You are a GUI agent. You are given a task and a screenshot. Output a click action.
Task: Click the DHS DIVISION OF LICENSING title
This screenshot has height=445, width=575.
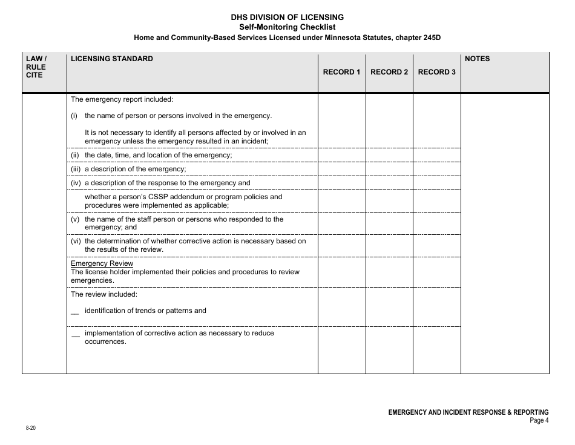pos(287,17)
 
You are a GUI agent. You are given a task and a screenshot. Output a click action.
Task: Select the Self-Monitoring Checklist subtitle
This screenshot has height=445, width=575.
pos(287,27)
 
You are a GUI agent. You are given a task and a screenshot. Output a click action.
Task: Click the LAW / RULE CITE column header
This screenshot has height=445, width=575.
pos(36,67)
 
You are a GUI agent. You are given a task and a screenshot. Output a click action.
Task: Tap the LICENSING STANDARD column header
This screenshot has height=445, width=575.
pos(112,59)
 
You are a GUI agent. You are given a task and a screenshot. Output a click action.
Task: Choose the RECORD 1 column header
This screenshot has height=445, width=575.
pos(341,72)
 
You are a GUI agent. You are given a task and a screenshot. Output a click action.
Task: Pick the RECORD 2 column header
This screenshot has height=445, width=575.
pos(389,72)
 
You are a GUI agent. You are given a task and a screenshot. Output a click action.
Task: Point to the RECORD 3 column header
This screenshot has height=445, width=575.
pos(436,72)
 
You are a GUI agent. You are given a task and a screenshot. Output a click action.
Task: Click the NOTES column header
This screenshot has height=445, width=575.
pos(477,59)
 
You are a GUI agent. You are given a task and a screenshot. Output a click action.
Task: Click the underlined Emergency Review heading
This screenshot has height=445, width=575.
pos(102,263)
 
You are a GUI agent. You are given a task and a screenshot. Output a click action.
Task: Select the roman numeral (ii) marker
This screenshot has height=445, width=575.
pos(75,155)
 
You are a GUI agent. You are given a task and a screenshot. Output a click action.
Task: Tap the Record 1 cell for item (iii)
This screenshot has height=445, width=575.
pos(341,169)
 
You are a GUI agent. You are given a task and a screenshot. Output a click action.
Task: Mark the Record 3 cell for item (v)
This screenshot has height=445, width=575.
pos(436,223)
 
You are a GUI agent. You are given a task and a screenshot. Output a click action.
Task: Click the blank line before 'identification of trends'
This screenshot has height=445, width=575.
pos(75,312)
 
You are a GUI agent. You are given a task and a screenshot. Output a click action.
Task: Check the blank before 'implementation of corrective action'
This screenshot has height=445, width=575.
pos(76,335)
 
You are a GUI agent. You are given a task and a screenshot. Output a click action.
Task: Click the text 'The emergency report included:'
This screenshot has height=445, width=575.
pos(122,99)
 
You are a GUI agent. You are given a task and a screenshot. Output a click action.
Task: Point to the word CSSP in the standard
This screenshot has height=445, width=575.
pos(151,197)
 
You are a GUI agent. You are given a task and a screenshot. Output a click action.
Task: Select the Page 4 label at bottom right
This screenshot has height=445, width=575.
pos(539,420)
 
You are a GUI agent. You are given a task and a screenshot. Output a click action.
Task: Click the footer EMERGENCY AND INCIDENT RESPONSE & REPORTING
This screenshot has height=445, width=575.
pos(468,412)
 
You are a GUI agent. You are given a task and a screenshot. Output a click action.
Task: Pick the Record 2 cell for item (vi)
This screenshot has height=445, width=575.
pos(389,245)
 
